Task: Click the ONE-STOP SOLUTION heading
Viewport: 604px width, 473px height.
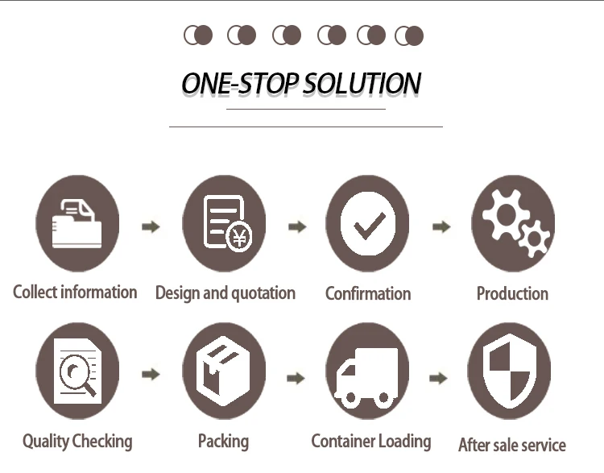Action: [x=301, y=84]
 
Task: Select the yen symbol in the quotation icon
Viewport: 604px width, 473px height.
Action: [x=238, y=238]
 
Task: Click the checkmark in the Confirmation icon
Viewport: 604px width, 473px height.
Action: [x=368, y=224]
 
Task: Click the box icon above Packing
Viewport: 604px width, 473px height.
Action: [x=223, y=371]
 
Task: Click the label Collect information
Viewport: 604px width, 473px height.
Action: [x=75, y=292]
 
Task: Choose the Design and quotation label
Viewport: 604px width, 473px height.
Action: [x=225, y=293]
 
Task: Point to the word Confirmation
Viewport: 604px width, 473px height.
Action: [x=368, y=293]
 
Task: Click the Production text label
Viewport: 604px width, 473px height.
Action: [x=512, y=293]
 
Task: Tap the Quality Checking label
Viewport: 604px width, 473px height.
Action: [x=77, y=441]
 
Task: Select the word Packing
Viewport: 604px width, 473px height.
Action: [x=223, y=441]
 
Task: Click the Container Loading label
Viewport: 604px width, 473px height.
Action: [x=370, y=441]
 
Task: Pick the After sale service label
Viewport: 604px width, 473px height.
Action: [x=511, y=444]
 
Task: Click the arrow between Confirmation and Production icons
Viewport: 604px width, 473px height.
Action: [x=441, y=226]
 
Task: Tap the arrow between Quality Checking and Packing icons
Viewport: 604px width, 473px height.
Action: [x=151, y=374]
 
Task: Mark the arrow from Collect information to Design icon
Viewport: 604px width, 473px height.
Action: [x=151, y=226]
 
